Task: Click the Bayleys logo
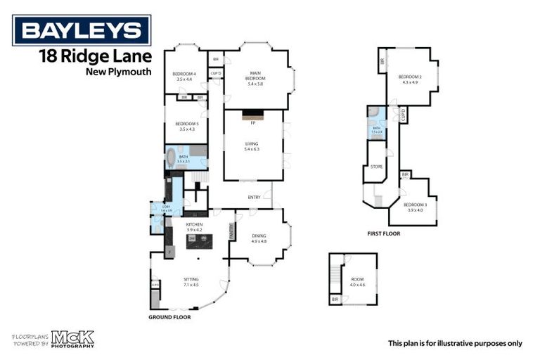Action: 82,30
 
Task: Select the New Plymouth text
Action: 118,72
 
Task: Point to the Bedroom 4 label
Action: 185,76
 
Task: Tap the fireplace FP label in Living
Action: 252,124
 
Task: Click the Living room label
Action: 252,146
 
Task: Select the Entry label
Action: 255,197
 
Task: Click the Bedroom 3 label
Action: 414,206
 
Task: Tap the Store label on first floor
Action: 377,167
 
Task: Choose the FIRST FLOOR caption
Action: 383,233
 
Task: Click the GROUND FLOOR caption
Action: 169,317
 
